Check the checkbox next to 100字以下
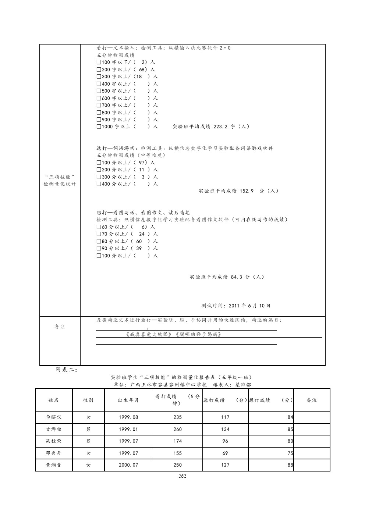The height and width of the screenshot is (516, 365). (x=99, y=62)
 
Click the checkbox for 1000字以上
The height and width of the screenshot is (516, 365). (x=99, y=127)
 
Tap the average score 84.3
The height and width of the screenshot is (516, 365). (x=237, y=277)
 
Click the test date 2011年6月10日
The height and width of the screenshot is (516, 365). (x=249, y=306)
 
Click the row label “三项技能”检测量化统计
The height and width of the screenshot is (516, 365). (x=60, y=180)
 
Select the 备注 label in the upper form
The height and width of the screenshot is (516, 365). (x=60, y=327)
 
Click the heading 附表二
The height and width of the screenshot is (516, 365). (x=66, y=370)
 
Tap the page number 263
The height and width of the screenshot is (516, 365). (x=182, y=476)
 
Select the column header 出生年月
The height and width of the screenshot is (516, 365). (x=128, y=400)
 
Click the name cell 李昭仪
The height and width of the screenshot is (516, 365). (x=53, y=417)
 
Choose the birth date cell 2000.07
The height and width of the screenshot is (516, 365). (x=128, y=465)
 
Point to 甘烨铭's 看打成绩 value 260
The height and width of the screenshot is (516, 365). (x=177, y=429)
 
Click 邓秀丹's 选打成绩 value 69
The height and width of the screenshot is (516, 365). (x=225, y=453)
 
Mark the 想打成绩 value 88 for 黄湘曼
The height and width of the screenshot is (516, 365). (x=290, y=465)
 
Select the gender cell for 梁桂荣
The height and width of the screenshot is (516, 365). (x=88, y=441)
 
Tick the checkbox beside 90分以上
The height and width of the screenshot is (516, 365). (x=99, y=249)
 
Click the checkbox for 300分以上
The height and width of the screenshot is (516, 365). (x=99, y=177)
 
